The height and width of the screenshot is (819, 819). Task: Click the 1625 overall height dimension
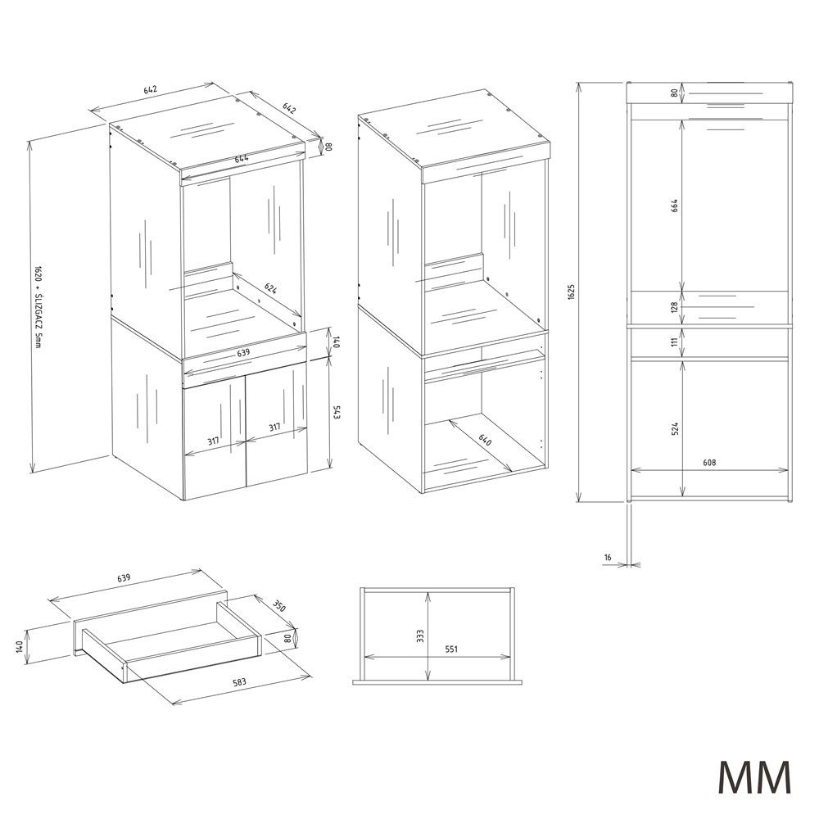click(x=571, y=292)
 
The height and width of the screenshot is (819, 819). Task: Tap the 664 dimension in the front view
click(x=674, y=205)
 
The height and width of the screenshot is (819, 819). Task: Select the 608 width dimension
click(x=709, y=462)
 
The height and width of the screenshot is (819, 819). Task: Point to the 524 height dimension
click(x=675, y=429)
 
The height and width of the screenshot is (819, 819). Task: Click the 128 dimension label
click(x=674, y=307)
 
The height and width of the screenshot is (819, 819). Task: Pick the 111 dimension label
click(x=674, y=342)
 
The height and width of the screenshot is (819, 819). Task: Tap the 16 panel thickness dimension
click(x=608, y=558)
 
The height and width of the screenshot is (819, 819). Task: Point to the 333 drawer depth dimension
click(x=421, y=636)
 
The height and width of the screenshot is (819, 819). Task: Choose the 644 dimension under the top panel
click(x=241, y=159)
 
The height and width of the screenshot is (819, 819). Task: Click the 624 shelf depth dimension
click(x=270, y=288)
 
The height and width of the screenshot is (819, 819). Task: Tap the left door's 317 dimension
click(x=213, y=441)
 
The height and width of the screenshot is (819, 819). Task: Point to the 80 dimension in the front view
click(x=674, y=93)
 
